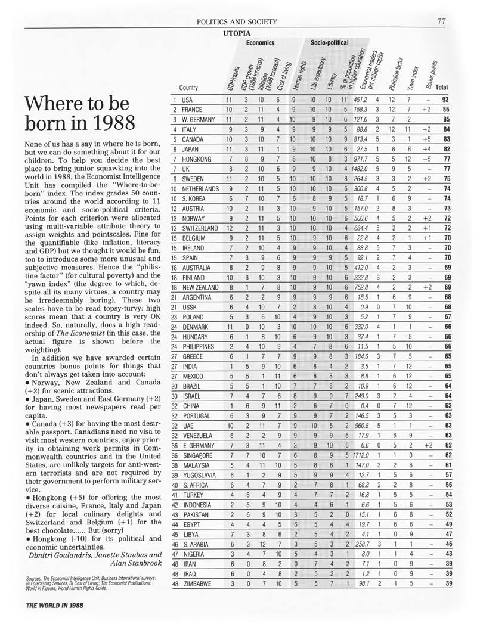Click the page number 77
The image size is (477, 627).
click(x=441, y=21)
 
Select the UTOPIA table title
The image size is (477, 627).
click(x=237, y=33)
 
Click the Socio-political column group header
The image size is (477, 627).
click(x=330, y=44)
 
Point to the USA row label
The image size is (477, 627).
click(x=187, y=100)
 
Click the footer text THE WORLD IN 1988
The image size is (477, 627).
click(x=54, y=604)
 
